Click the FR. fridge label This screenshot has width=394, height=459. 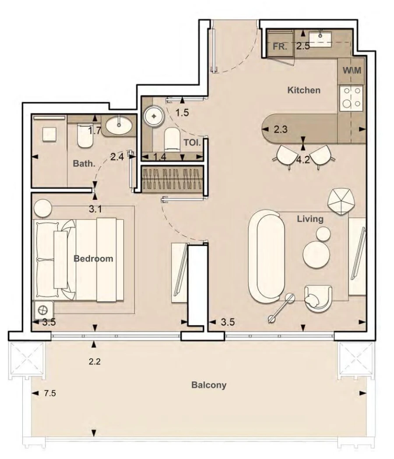pos(280,47)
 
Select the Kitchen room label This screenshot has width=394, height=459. pos(304,91)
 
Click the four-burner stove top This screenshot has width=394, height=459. pos(352,98)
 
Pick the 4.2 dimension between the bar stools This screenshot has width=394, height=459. pos(303,160)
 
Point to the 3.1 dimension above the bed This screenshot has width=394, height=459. pos(95,209)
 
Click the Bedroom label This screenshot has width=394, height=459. pos(93,258)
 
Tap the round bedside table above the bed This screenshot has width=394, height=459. pos(43,208)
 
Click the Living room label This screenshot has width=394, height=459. pos(310,219)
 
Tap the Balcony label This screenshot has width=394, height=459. pos(209,385)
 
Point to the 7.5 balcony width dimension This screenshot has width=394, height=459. pos(50,393)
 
